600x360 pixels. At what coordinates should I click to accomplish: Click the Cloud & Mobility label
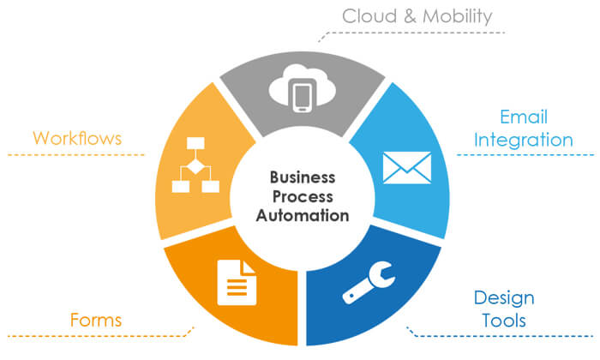pyautogui.click(x=417, y=16)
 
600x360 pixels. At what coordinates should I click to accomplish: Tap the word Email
pyautogui.click(x=524, y=117)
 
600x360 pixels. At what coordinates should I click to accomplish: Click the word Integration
pyautogui.click(x=524, y=139)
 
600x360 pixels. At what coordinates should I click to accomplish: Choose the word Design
pyautogui.click(x=504, y=298)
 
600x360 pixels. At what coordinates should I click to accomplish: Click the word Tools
pyautogui.click(x=504, y=320)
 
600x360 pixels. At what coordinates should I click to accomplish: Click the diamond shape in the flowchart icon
pyautogui.click(x=192, y=165)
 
